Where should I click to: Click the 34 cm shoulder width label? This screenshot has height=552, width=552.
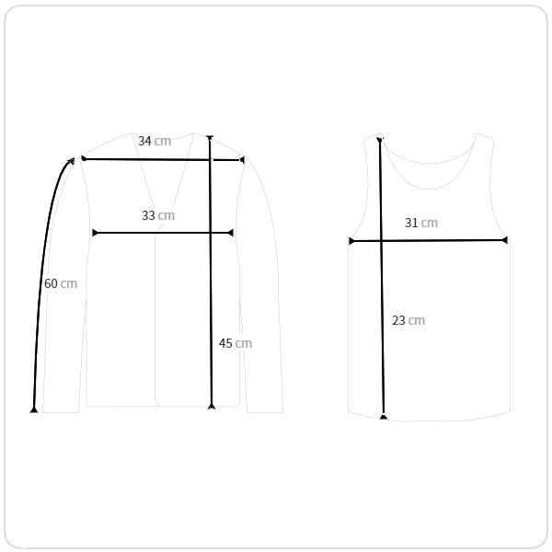[155, 141]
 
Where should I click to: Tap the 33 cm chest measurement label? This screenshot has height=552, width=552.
[158, 215]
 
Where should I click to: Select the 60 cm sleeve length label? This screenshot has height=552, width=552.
[61, 283]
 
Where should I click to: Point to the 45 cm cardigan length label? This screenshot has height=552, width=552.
[236, 343]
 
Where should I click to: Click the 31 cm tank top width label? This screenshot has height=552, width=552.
[421, 223]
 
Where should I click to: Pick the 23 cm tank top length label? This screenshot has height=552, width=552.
[408, 320]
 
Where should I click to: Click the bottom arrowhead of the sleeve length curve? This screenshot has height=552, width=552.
[34, 410]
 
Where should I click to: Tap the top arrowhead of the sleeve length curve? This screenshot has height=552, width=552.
[72, 161]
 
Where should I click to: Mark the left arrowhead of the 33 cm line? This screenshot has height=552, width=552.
[95, 233]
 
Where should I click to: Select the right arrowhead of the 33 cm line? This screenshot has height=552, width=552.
[231, 233]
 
